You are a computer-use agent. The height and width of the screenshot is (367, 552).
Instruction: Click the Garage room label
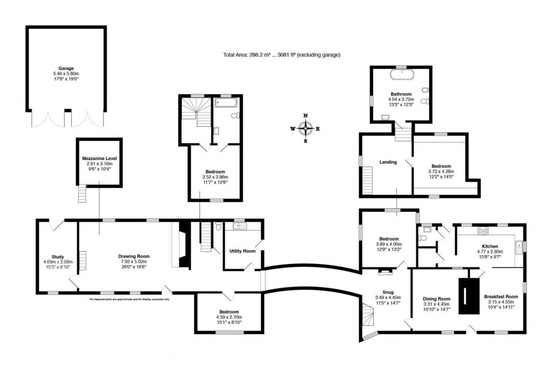pos(66,68)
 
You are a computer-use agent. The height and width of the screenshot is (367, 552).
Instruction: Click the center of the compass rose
pos(305,128)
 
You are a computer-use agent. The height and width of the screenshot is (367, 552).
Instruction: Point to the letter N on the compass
pos(305,116)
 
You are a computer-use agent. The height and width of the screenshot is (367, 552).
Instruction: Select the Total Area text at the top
pos(281,55)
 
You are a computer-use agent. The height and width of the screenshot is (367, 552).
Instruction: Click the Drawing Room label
pos(134,256)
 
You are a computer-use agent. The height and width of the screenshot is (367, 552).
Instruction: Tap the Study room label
pos(58,256)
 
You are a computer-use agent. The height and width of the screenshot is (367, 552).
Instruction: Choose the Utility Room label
pos(242,251)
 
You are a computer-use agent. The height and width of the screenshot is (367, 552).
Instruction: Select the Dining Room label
pos(436,299)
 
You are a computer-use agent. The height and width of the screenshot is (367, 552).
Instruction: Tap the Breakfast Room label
pos(501,296)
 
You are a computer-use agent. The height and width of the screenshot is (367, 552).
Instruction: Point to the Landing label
pos(388,162)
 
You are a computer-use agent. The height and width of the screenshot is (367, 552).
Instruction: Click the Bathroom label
pos(401,94)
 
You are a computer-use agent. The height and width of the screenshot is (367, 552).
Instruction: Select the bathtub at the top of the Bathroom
pos(401,71)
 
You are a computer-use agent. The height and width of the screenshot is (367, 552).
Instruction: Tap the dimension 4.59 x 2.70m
pos(229,317)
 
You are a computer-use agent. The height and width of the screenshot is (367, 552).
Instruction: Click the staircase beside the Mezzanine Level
pos(82,192)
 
